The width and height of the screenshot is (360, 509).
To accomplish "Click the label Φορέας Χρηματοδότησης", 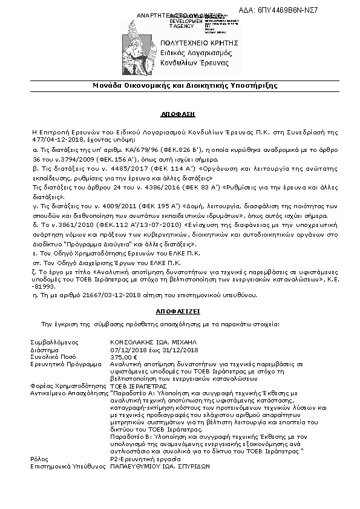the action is pyautogui.click(x=67, y=385).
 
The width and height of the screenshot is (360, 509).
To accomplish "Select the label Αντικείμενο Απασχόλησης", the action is pyautogui.click(x=69, y=392).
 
